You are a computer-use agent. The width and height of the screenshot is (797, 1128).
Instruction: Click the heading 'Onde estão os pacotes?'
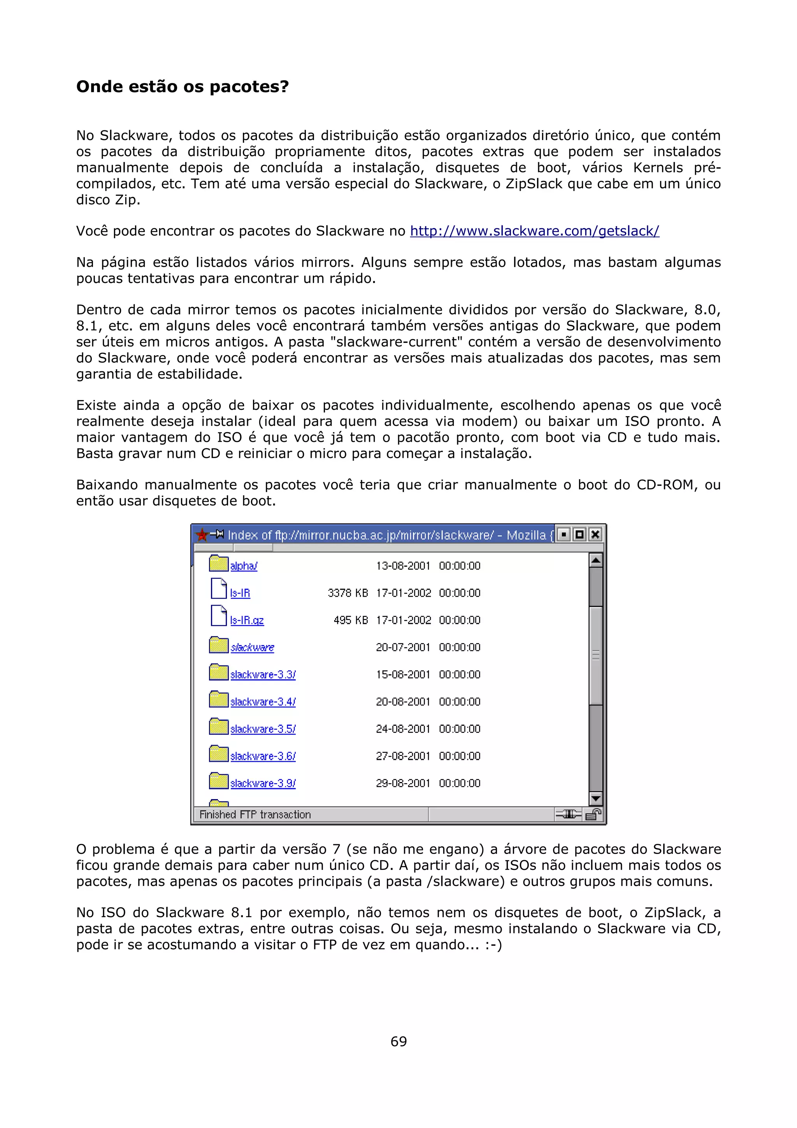tap(182, 86)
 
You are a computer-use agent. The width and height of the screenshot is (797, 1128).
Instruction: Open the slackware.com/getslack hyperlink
tap(534, 231)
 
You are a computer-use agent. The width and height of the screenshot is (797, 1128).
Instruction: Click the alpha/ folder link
tap(244, 566)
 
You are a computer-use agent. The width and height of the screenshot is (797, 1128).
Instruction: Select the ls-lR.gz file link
tap(247, 620)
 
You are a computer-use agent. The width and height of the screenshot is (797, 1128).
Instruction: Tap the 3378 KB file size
tap(348, 593)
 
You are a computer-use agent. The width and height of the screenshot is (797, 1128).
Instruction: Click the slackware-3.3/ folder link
tap(263, 675)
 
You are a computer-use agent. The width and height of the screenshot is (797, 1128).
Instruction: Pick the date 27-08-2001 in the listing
tap(403, 756)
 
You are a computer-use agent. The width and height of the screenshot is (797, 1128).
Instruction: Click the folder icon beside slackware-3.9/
tap(219, 781)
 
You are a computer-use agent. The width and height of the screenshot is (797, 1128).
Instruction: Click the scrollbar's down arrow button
tap(596, 799)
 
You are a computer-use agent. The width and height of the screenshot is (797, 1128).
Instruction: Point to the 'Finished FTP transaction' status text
tap(255, 815)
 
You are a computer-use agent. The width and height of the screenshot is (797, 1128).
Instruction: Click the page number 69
tap(398, 1041)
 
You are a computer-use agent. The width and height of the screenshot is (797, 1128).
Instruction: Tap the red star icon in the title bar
tap(201, 534)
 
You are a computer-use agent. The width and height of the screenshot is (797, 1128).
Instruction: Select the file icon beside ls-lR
tap(219, 589)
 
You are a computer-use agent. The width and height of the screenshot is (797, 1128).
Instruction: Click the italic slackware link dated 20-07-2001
tap(253, 648)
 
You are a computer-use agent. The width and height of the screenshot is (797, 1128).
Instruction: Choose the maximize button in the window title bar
tap(579, 534)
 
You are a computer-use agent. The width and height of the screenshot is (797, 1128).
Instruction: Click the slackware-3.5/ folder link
tap(263, 729)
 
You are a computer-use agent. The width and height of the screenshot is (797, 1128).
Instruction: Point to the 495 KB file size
tap(351, 620)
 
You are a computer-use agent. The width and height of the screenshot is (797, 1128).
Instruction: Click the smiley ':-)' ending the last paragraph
tap(493, 945)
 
